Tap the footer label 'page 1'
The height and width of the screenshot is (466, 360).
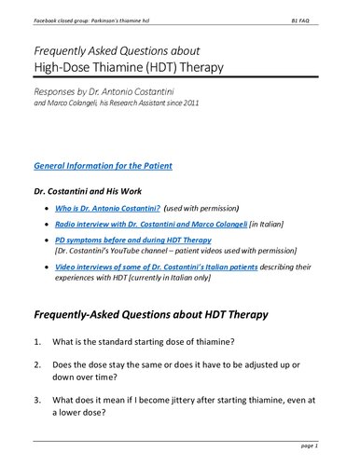point(324,448)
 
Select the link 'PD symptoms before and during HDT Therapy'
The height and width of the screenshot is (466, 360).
point(132,240)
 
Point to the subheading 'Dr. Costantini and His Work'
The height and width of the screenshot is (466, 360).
point(90,190)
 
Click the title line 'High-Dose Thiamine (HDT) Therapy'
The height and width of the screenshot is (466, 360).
point(143,67)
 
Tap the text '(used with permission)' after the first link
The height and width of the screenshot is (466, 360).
point(206,208)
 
